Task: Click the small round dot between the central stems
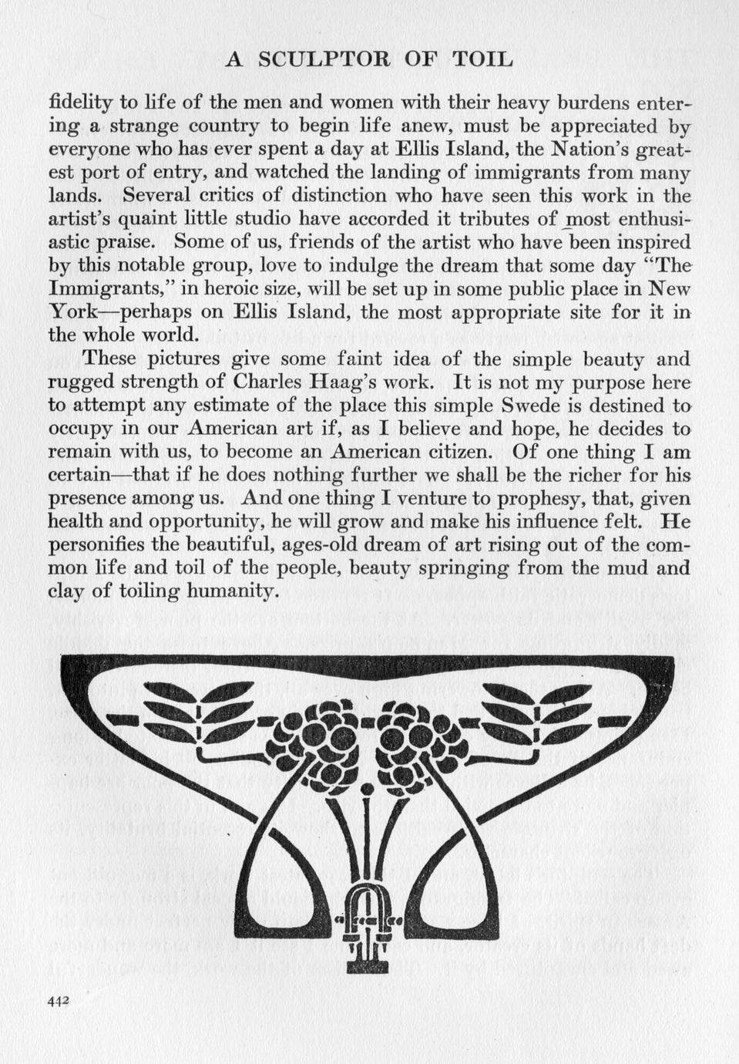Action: pos(368,790)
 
